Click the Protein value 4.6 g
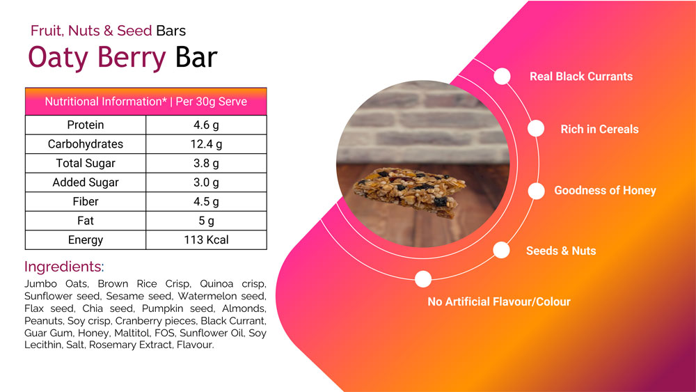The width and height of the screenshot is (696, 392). click(206, 125)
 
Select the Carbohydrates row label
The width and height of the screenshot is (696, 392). click(85, 144)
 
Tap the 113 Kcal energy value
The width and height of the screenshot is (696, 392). click(206, 240)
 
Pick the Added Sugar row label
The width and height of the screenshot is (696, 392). click(85, 182)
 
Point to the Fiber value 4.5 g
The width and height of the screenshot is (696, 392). click(206, 201)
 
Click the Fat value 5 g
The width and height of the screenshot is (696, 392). click(206, 221)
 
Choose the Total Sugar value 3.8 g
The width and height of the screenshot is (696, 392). click(206, 163)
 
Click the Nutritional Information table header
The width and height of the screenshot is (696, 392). click(145, 102)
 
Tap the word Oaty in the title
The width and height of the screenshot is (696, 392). click(58, 58)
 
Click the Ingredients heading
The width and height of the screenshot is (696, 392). click(64, 267)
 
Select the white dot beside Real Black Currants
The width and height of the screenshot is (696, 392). click(502, 77)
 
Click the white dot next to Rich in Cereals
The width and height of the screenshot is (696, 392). click(536, 128)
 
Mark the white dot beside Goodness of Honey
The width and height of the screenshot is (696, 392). click(536, 191)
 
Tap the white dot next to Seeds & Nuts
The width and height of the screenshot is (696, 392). click(501, 250)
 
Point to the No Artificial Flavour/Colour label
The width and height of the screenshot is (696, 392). click(499, 302)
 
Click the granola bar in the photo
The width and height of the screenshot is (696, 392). click(409, 191)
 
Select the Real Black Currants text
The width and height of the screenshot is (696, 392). click(581, 77)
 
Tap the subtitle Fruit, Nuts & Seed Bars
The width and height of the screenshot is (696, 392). click(108, 31)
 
